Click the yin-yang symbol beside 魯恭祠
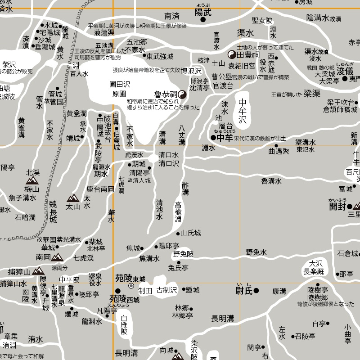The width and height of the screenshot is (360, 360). click(183, 94)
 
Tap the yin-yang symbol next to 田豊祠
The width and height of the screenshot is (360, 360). click(232, 54)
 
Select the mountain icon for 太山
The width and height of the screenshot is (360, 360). click(73, 198)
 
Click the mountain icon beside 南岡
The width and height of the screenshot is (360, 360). click(57, 257)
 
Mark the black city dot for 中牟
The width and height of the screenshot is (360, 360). click(214, 137)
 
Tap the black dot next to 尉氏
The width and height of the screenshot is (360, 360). click(256, 290)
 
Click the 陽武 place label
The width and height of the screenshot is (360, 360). click(203, 13)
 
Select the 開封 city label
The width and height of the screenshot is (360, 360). click(337, 207)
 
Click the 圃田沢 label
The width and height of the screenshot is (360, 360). click(120, 84)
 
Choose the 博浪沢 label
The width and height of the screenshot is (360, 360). click(191, 71)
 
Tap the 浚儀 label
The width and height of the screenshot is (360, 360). click(345, 71)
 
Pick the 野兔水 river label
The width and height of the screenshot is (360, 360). click(256, 252)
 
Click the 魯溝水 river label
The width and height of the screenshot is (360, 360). click(271, 181)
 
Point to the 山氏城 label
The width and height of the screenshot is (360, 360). click(191, 233)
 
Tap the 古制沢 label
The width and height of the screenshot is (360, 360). click(167, 290)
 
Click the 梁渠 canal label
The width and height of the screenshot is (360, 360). click(311, 94)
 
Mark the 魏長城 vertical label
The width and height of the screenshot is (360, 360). click(53, 212)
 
